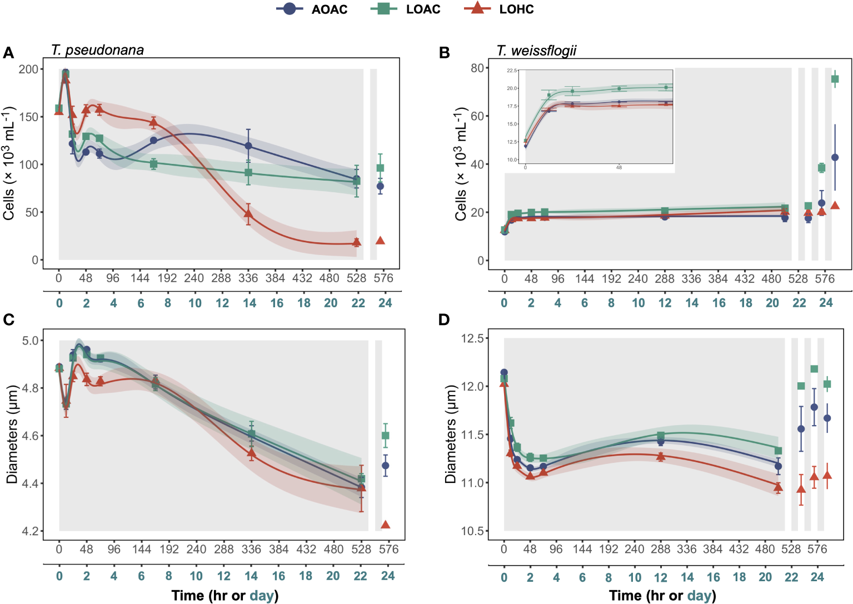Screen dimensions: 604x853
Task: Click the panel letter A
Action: pyautogui.click(x=8, y=53)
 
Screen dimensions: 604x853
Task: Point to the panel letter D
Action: pyautogui.click(x=444, y=320)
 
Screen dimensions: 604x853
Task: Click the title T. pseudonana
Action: pyautogui.click(x=97, y=50)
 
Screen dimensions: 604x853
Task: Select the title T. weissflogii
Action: pyautogui.click(x=536, y=51)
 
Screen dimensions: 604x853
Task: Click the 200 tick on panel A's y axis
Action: pyautogui.click(x=28, y=69)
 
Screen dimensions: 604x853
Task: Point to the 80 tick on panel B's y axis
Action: pyautogui.click(x=477, y=68)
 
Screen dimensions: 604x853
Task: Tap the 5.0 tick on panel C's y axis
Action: pyautogui.click(x=31, y=341)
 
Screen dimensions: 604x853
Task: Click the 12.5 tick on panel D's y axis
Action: pyautogui.click(x=471, y=338)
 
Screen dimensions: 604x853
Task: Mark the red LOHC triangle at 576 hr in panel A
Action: pyautogui.click(x=380, y=241)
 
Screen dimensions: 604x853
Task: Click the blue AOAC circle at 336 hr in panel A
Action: pyautogui.click(x=248, y=146)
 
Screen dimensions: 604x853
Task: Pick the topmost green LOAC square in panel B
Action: pyautogui.click(x=835, y=79)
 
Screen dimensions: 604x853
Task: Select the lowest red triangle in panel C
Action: pyautogui.click(x=386, y=525)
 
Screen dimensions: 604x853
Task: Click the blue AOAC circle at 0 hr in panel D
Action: pyautogui.click(x=504, y=373)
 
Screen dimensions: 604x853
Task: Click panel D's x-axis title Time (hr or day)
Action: pyautogui.click(x=662, y=596)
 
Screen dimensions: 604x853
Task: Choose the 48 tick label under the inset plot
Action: pyautogui.click(x=619, y=167)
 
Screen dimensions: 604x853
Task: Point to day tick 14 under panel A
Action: pyautogui.click(x=250, y=303)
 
